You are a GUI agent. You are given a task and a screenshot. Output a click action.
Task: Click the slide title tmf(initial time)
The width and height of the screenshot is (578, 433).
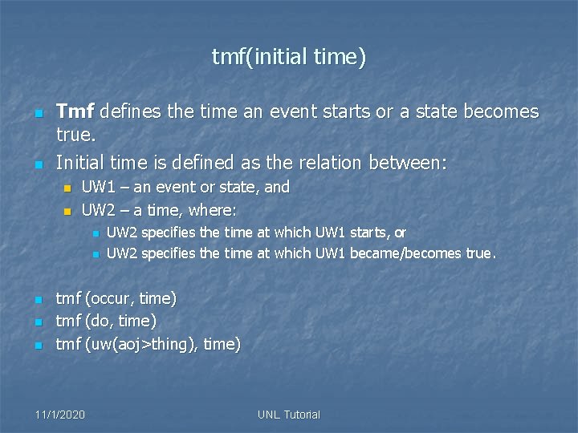coord(289,57)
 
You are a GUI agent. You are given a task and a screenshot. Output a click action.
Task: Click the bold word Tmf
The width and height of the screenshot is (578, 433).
coord(74,111)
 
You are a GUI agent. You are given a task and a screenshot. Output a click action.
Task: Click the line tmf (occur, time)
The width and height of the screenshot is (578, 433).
coord(116,299)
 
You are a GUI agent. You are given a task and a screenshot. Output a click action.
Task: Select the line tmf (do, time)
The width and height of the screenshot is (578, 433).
coord(105,322)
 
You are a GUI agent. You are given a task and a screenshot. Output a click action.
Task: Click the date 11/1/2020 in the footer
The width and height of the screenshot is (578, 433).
coord(60,415)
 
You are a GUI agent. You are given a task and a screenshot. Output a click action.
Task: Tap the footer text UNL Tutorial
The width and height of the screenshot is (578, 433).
coord(289,415)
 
